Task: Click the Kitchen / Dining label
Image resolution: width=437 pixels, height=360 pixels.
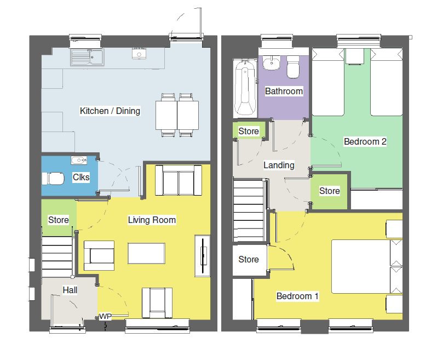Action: (x=110, y=111)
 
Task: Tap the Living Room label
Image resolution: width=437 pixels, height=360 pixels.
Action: (x=152, y=220)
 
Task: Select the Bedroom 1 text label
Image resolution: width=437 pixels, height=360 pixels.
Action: (x=297, y=296)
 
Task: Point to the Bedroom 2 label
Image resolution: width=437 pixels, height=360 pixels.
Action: (x=365, y=142)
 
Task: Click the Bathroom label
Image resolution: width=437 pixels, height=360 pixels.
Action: (x=284, y=92)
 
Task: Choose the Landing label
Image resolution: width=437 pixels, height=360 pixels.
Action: (x=279, y=165)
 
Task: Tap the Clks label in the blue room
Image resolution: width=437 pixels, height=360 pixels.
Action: (x=81, y=178)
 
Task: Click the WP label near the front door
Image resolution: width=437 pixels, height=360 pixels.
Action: (x=105, y=317)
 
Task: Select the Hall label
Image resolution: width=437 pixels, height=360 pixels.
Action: (x=70, y=290)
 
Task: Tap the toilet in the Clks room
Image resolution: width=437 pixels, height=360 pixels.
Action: (x=55, y=179)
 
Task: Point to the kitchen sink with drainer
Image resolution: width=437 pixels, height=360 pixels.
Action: (x=88, y=56)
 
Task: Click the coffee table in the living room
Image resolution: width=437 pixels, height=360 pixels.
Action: (x=146, y=254)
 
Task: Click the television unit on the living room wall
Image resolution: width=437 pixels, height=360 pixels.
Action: (x=203, y=256)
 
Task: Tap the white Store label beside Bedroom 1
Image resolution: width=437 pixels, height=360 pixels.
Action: (x=248, y=259)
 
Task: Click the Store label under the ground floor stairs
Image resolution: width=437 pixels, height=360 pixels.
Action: (x=59, y=220)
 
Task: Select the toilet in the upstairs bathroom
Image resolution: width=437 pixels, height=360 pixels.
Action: (x=294, y=67)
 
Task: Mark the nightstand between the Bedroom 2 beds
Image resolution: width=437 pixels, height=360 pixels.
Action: (x=354, y=55)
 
